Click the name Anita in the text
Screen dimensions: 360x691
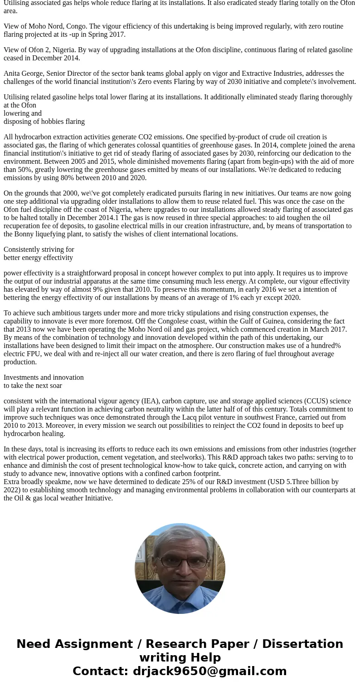[x=12, y=74]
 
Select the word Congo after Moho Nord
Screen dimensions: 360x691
[x=77, y=26]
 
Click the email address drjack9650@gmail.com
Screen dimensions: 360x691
[x=209, y=671]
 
